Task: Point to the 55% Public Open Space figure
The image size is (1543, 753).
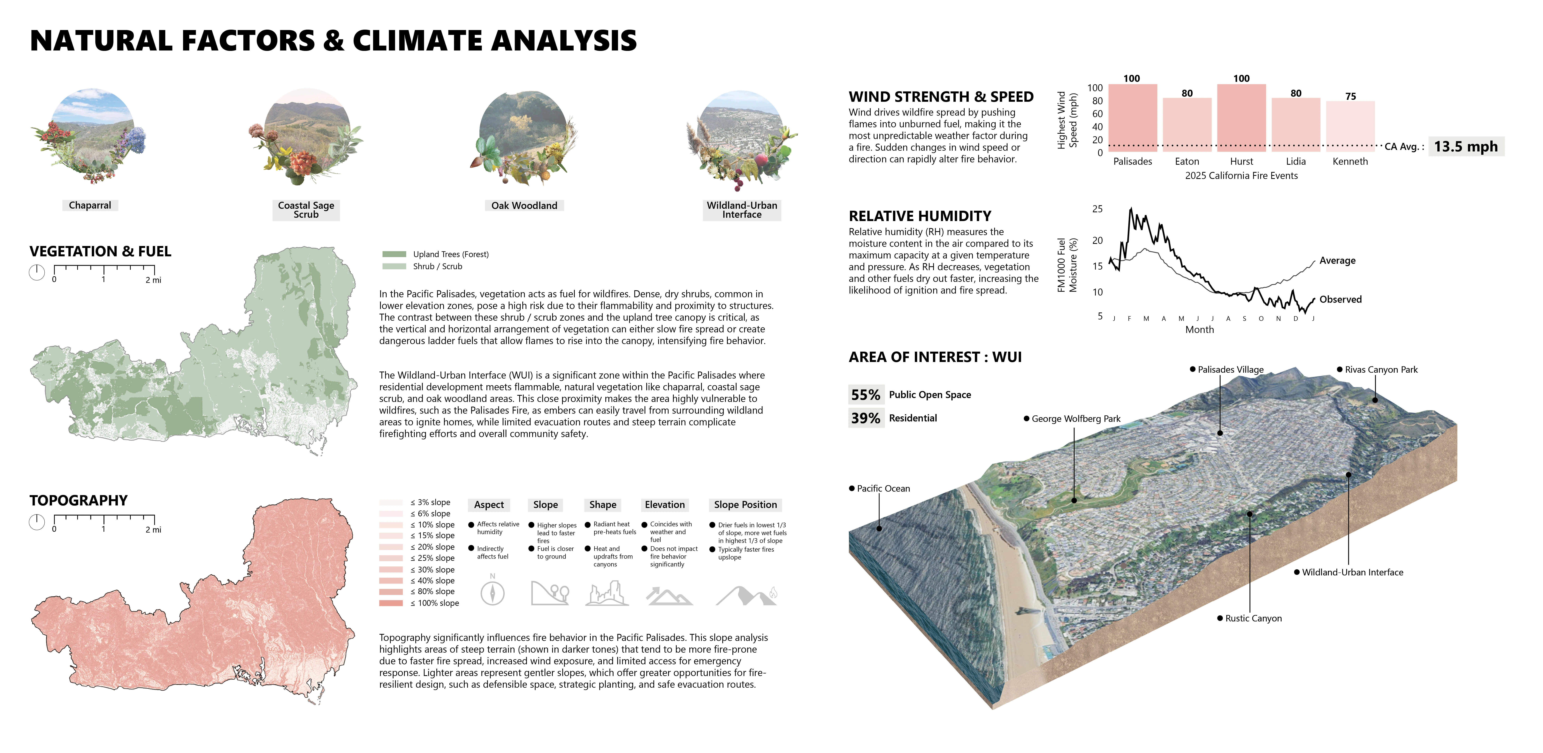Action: (866, 395)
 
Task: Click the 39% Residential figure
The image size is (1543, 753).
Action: (866, 418)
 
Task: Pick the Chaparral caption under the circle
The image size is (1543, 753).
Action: (90, 205)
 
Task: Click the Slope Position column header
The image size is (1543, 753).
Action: (745, 505)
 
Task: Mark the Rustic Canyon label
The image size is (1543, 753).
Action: (1253, 618)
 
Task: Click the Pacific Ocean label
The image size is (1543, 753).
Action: (883, 488)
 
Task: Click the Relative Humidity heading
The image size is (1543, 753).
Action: (920, 216)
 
